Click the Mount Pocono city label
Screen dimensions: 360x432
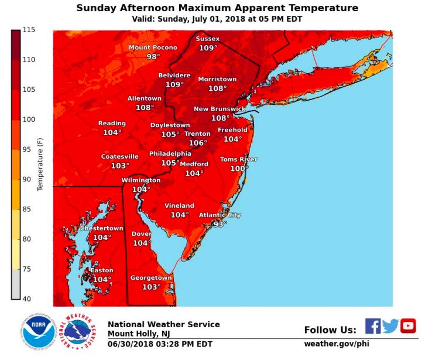(153, 47)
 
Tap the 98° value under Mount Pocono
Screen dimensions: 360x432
(153, 57)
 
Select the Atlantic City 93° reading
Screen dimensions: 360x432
(220, 224)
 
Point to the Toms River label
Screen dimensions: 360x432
(238, 159)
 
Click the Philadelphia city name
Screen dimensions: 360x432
(170, 153)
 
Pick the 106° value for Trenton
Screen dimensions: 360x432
(197, 143)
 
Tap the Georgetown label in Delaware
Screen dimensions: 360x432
(151, 277)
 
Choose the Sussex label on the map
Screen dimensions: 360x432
(207, 39)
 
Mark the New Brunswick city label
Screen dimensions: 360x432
(220, 109)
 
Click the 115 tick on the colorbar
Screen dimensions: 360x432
(29, 30)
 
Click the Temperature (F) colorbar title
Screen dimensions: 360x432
(40, 165)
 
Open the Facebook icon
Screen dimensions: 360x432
(373, 326)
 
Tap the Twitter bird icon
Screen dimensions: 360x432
(390, 326)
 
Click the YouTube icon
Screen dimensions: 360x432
(408, 326)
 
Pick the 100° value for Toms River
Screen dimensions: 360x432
(239, 169)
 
